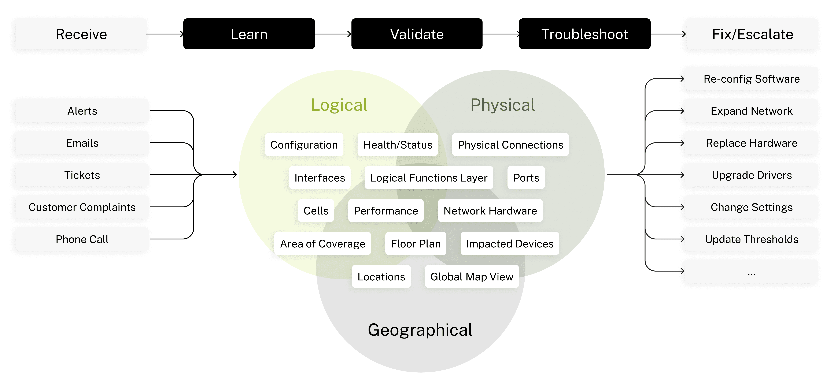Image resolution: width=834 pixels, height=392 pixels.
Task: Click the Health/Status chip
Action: click(x=398, y=145)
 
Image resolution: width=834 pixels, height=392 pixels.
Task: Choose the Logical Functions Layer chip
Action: click(x=429, y=178)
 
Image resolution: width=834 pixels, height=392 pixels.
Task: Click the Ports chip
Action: click(x=526, y=178)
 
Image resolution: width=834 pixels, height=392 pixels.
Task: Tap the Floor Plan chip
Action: click(x=416, y=244)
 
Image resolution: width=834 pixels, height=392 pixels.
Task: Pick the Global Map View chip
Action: click(x=472, y=277)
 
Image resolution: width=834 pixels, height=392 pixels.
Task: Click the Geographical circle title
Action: click(x=420, y=330)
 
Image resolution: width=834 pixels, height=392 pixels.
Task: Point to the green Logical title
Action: click(x=339, y=105)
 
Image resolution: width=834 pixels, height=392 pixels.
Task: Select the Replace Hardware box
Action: click(x=751, y=143)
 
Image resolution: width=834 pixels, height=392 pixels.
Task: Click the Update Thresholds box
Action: click(x=751, y=239)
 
